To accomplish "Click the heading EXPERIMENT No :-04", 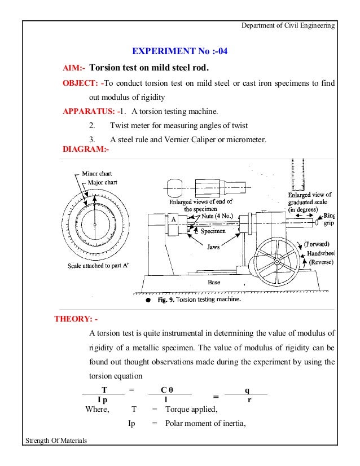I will (x=179, y=52).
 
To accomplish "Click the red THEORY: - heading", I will (x=76, y=318).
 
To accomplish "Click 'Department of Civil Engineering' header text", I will (x=288, y=26).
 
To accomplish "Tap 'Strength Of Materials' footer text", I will (x=56, y=456).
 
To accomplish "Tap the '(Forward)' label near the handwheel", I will (x=320, y=244).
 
